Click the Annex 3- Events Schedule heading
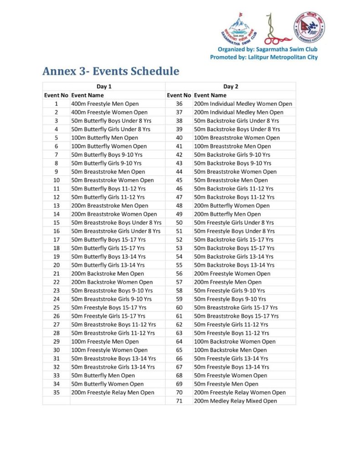110,71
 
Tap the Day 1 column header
104,86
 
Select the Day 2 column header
231,86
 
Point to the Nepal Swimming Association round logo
309,27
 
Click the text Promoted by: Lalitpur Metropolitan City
264,57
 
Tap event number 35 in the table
56,392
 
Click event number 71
179,401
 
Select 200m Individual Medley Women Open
243,104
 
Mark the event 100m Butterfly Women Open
109,146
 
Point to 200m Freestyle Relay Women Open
240,392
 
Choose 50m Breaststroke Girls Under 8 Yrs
116,231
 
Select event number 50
179,223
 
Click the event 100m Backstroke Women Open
235,341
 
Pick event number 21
56,274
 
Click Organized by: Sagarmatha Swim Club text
267,49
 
